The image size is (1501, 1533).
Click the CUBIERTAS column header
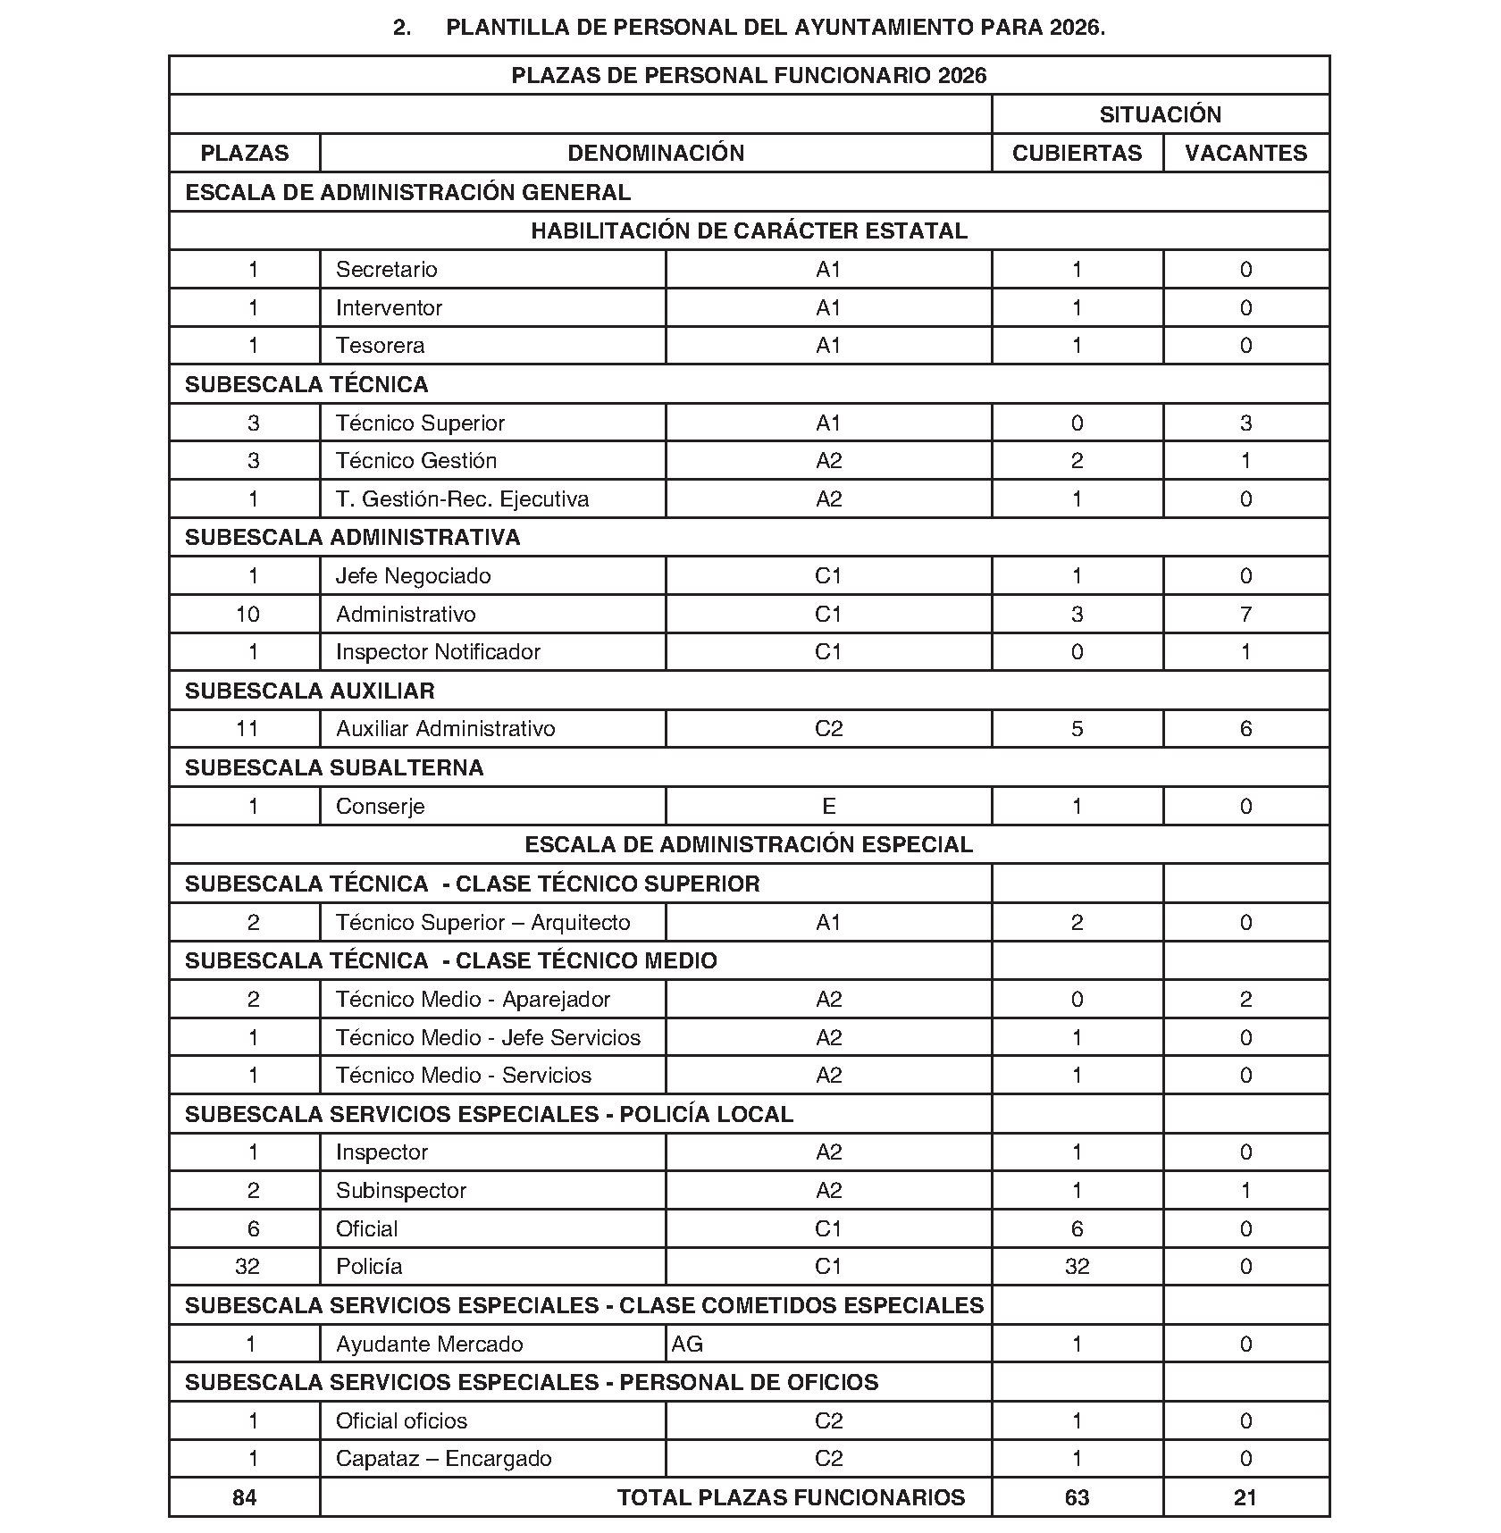click(1077, 153)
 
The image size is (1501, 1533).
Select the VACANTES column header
click(1245, 153)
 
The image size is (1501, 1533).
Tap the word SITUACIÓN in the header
click(1160, 114)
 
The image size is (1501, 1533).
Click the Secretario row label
click(386, 269)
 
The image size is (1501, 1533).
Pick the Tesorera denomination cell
click(380, 345)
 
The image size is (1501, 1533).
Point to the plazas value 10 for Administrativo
click(247, 614)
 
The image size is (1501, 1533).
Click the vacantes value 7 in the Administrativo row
click(1245, 614)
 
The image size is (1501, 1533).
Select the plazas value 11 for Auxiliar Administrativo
click(247, 728)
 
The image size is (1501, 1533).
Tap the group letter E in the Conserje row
click(828, 806)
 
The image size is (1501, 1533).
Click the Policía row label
click(369, 1266)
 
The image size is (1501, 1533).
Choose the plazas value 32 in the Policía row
click(247, 1266)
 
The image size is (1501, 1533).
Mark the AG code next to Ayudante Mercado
click(687, 1344)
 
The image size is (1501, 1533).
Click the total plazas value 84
click(244, 1497)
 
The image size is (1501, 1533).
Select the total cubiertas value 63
click(1077, 1497)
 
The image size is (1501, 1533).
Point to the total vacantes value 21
click(1245, 1497)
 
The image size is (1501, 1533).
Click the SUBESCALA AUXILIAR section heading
click(309, 691)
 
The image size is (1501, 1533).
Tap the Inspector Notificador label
click(438, 651)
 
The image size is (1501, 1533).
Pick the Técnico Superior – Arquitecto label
click(482, 922)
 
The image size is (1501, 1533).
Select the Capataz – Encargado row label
click(443, 1458)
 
